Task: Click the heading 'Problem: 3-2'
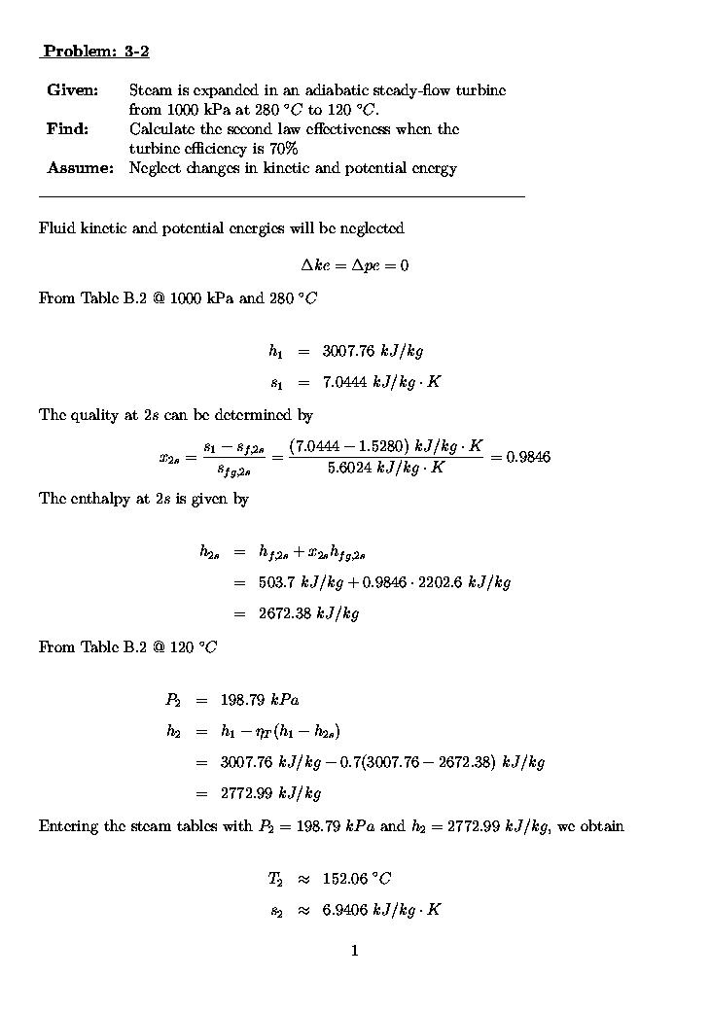coord(95,51)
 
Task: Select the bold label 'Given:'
coord(72,90)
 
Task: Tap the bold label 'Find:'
coord(67,129)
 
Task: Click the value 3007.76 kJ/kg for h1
coord(373,351)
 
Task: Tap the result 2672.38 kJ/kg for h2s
coord(308,613)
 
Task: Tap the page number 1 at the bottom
coord(355,951)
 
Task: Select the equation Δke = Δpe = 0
coord(354,265)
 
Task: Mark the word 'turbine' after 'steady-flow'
coord(481,90)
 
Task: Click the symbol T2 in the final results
coord(275,879)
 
